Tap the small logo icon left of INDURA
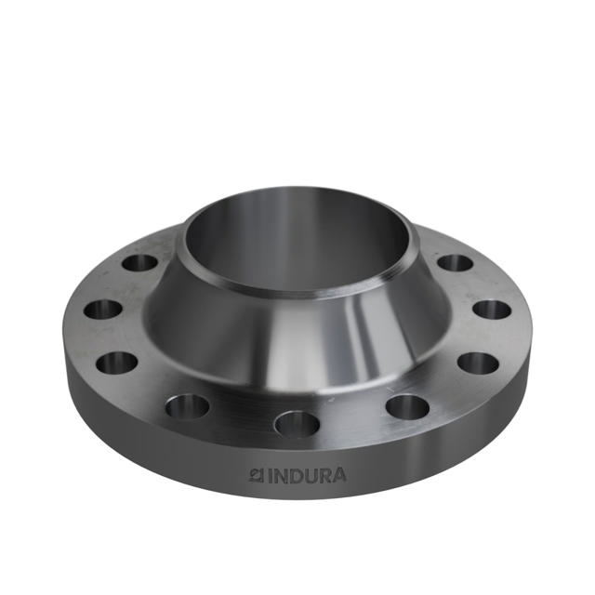pos(258,476)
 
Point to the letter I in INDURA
pos(271,476)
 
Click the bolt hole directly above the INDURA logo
pos(297,424)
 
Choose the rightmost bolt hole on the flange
pos(492,310)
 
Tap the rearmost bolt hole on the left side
pos(139,262)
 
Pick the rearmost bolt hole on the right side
pos(455,262)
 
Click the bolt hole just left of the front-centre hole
pos(188,406)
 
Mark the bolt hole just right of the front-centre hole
pos(407,406)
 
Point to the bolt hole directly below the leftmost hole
pos(117,362)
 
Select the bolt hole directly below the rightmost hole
pos(478,362)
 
